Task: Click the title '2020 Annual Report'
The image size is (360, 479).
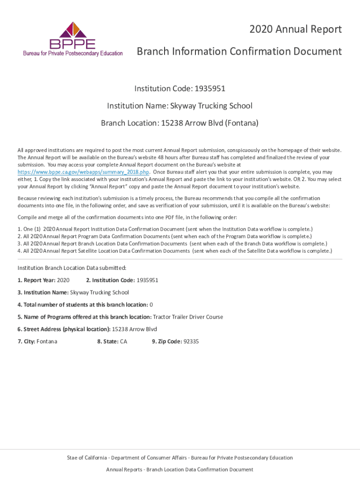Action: point(295,29)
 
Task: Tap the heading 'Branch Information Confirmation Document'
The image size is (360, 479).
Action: point(239,51)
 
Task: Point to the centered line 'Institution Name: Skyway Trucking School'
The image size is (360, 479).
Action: point(180,106)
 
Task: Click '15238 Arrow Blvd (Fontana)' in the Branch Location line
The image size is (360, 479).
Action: point(209,123)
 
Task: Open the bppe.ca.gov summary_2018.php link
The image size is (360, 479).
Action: point(83,172)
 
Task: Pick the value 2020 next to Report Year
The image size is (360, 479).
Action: point(63,280)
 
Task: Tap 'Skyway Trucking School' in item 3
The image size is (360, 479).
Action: point(100,292)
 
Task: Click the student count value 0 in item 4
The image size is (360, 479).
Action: point(151,305)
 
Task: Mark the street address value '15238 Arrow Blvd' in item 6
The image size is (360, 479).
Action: point(135,329)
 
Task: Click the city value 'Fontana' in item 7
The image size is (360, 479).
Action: point(47,341)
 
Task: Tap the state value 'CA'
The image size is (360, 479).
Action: point(123,341)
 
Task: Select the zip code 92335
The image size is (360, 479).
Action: point(191,341)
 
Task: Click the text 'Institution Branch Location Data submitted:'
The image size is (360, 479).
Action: point(72,268)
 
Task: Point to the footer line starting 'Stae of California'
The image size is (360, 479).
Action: point(180,457)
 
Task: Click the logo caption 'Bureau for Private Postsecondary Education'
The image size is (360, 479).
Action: point(73,53)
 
